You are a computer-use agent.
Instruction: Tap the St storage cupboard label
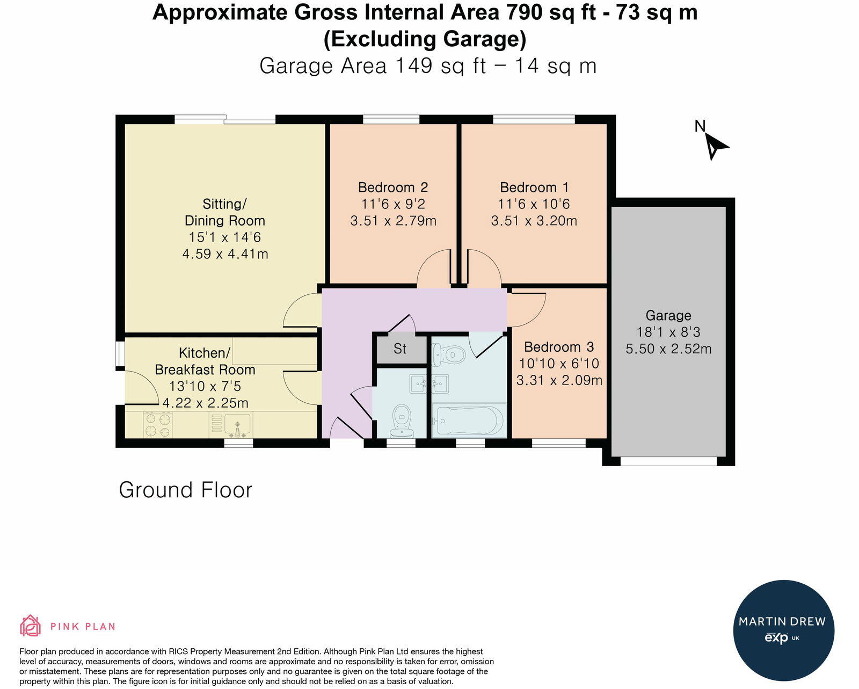400,349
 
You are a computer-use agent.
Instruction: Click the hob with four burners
158,424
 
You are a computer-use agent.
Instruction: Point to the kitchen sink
237,425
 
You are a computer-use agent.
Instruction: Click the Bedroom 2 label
393,187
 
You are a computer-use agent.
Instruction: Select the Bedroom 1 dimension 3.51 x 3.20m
534,221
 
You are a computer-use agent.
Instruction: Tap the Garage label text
668,316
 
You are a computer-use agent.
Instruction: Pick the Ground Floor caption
185,490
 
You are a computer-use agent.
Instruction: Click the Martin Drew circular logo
783,630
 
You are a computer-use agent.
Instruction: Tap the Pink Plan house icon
31,626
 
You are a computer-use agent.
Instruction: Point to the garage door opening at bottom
668,461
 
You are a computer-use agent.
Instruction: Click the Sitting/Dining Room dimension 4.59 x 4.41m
225,254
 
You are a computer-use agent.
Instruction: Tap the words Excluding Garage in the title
425,39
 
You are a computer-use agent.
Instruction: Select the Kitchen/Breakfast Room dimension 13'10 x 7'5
205,386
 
